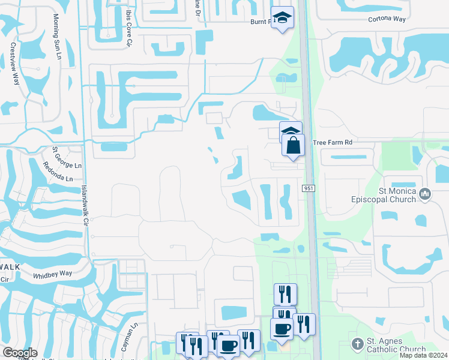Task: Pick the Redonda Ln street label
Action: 57,178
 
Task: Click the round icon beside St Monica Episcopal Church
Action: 426,193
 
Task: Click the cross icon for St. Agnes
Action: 357,344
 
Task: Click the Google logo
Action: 20,352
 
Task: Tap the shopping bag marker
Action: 292,146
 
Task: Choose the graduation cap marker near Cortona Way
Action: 281,18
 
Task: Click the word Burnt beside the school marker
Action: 259,21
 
